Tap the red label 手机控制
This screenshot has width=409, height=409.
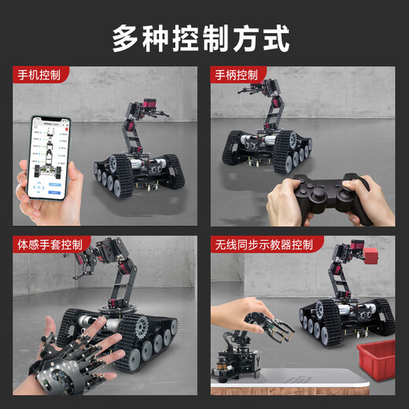[40, 76]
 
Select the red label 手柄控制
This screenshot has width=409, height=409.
[236, 76]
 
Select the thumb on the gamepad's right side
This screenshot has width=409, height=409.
[359, 187]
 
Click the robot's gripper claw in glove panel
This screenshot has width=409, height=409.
[85, 271]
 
